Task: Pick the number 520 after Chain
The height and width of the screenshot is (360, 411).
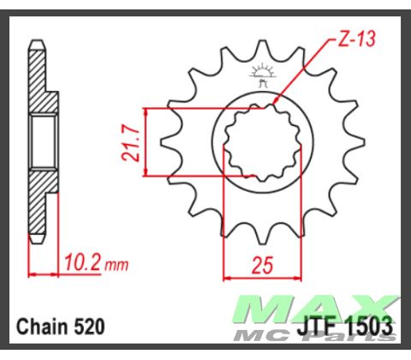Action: point(90,327)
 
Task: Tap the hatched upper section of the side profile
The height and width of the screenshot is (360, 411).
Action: point(39,81)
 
